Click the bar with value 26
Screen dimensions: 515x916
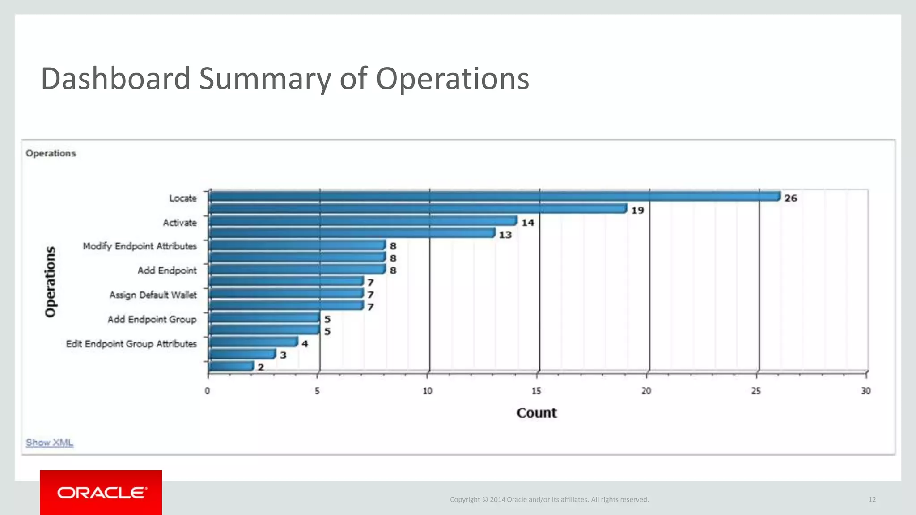pyautogui.click(x=494, y=197)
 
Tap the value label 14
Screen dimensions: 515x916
pyautogui.click(x=528, y=223)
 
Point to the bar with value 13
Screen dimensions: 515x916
pyautogui.click(x=352, y=233)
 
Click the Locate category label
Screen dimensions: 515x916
pyautogui.click(x=182, y=198)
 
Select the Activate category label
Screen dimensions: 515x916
pyautogui.click(x=179, y=223)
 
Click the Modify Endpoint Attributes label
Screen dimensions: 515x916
pyautogui.click(x=140, y=246)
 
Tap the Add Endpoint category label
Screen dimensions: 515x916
pyautogui.click(x=167, y=270)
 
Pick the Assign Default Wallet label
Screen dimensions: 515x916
pyautogui.click(x=153, y=295)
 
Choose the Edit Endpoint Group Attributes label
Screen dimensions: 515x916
pyautogui.click(x=131, y=344)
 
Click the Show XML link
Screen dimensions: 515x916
pyautogui.click(x=49, y=443)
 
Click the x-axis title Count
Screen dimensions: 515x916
pyautogui.click(x=536, y=413)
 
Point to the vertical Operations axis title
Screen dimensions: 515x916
pyautogui.click(x=51, y=282)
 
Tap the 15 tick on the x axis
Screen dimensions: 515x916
pyautogui.click(x=536, y=391)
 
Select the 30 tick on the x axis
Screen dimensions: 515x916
pyautogui.click(x=865, y=391)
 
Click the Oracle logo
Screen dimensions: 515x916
pyautogui.click(x=101, y=493)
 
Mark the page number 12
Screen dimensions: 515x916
pyautogui.click(x=872, y=499)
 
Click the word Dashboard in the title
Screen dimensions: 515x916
pyautogui.click(x=115, y=79)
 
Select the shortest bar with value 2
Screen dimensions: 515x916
pyautogui.click(x=231, y=366)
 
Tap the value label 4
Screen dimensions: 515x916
pyautogui.click(x=305, y=344)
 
